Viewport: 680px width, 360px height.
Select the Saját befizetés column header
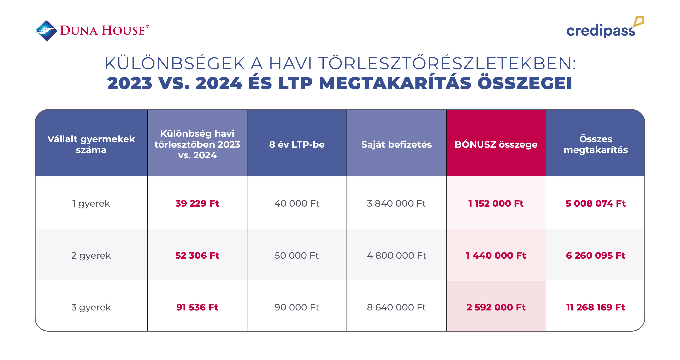396,144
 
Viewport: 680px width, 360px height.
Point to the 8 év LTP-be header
297,144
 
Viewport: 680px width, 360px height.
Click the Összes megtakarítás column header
596,144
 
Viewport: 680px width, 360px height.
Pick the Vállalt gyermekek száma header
91,144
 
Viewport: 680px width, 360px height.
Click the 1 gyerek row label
91,204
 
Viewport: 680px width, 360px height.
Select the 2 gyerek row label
91,256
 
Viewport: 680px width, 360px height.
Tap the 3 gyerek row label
91,307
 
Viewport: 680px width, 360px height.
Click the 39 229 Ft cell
197,204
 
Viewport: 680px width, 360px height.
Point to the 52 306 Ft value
197,256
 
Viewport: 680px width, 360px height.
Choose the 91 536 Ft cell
197,307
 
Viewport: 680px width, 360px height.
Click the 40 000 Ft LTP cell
297,204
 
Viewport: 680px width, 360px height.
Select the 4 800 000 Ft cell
396,256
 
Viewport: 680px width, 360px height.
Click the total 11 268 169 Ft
596,307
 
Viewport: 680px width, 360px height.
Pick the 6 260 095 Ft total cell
596,256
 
